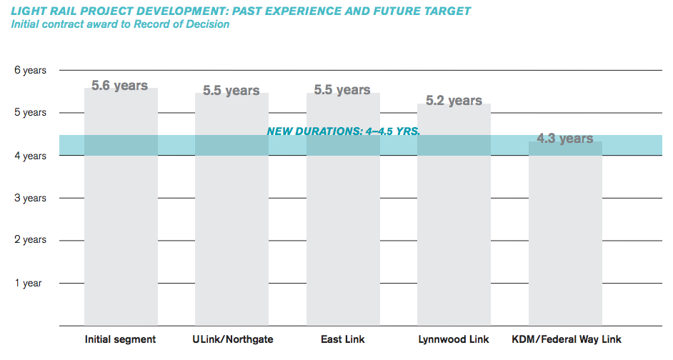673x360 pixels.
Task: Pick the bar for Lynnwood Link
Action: pyautogui.click(x=454, y=214)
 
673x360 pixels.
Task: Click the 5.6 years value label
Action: pyautogui.click(x=120, y=86)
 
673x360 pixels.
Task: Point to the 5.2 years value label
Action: pyautogui.click(x=454, y=101)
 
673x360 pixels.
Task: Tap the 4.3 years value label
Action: pyautogui.click(x=565, y=139)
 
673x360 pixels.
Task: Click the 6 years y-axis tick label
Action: pyautogui.click(x=30, y=71)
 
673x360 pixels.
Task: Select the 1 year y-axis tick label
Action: pyautogui.click(x=29, y=284)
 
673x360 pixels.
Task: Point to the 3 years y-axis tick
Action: pyautogui.click(x=30, y=198)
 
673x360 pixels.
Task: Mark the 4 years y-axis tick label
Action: pyautogui.click(x=30, y=156)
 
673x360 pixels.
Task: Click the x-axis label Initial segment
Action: pyautogui.click(x=120, y=339)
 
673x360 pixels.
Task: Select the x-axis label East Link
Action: pyautogui.click(x=343, y=339)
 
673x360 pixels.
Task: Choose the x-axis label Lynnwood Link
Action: pyautogui.click(x=454, y=339)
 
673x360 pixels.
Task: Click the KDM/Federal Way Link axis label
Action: pyautogui.click(x=567, y=339)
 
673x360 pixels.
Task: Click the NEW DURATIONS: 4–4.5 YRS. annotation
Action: pyautogui.click(x=343, y=131)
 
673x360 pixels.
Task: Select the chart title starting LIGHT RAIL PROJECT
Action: pyautogui.click(x=241, y=11)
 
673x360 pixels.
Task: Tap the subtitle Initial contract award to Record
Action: pyautogui.click(x=120, y=24)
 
